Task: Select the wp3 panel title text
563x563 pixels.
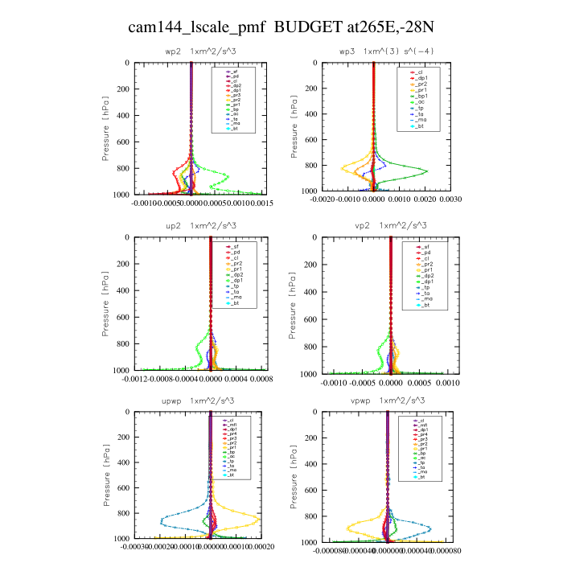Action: [375, 51]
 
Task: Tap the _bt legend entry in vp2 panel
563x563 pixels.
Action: [416, 302]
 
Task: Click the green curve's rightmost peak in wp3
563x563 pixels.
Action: [427, 171]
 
